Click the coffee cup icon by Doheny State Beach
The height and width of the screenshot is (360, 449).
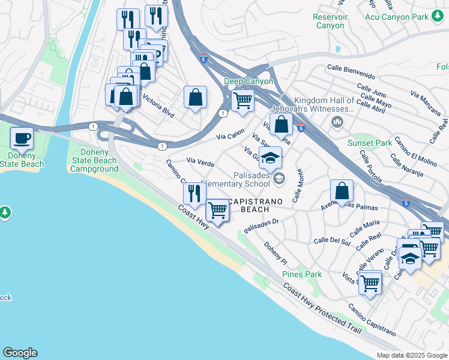click(22, 139)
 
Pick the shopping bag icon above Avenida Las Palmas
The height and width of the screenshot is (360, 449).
click(341, 191)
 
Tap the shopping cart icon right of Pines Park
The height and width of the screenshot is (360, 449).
click(370, 281)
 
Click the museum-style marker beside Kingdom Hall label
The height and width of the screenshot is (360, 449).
click(337, 122)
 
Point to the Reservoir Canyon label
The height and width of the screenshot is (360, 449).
click(330, 21)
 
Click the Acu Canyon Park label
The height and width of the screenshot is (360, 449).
click(397, 17)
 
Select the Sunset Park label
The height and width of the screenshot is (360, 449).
click(369, 143)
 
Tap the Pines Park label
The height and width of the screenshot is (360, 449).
click(302, 274)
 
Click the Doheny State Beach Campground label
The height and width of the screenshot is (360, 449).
click(94, 160)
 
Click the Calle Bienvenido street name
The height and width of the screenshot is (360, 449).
click(351, 73)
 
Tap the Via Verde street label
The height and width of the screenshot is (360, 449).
click(200, 162)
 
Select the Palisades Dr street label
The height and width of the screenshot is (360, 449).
click(262, 225)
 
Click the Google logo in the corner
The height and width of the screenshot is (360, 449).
click(20, 353)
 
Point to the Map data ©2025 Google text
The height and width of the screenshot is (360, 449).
click(411, 355)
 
